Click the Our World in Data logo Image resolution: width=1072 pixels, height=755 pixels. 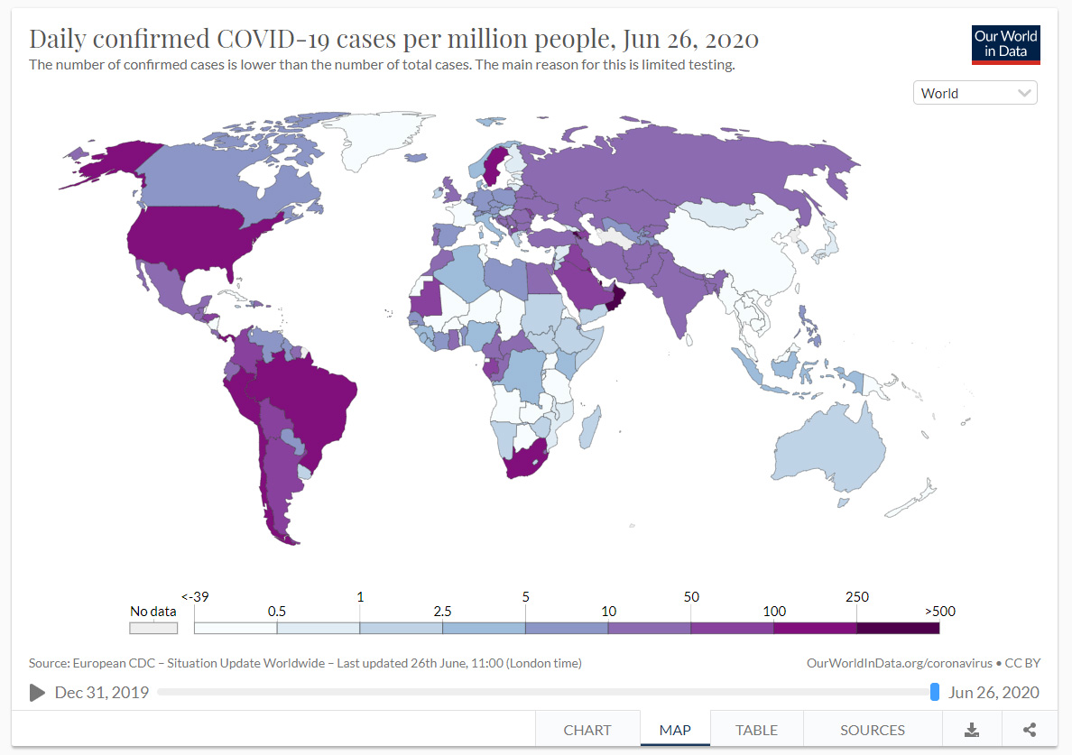click(1005, 44)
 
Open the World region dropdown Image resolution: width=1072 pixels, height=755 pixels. click(975, 93)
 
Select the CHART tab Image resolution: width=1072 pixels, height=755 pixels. click(587, 730)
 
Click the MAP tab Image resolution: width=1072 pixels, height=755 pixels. click(675, 730)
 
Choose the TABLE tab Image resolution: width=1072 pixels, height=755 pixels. click(756, 730)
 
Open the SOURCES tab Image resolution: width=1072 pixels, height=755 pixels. click(872, 730)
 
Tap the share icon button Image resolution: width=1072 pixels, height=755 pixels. click(1030, 730)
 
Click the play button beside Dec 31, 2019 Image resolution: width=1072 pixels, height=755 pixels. click(37, 692)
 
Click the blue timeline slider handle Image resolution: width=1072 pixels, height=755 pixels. click(935, 692)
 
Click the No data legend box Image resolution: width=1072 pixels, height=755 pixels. click(153, 628)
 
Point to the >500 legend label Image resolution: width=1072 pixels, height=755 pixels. click(939, 611)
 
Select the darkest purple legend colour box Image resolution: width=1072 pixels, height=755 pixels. click(898, 628)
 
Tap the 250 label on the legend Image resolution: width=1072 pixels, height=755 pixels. click(856, 596)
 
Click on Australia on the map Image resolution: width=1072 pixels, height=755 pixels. click(830, 451)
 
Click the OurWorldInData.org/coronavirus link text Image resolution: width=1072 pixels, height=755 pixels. click(899, 663)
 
